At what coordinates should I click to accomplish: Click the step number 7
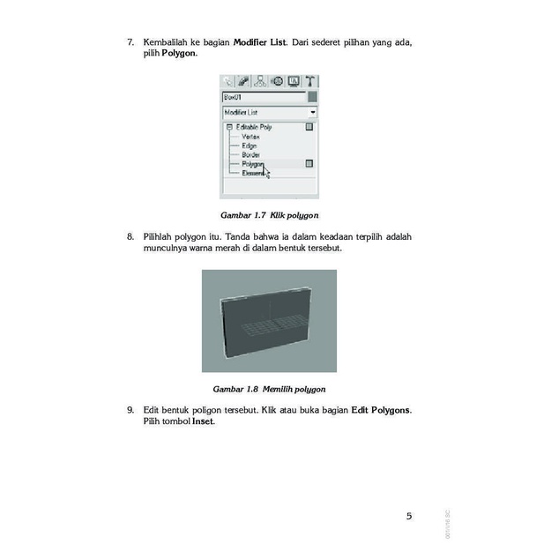click(x=130, y=42)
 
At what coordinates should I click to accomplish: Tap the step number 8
click(x=130, y=237)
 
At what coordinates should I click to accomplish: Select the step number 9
click(x=130, y=410)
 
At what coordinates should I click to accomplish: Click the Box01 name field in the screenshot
click(x=263, y=97)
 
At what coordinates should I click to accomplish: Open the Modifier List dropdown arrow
click(x=312, y=113)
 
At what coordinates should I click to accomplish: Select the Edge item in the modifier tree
click(x=250, y=145)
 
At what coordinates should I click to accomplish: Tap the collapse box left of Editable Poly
click(x=229, y=127)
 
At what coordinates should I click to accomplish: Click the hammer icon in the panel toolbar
click(x=310, y=81)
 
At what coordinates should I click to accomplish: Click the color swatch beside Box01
click(x=311, y=97)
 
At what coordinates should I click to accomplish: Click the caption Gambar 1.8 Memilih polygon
click(x=269, y=388)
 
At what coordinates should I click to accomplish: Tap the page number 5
click(x=408, y=516)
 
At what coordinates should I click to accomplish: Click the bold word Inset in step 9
click(x=203, y=421)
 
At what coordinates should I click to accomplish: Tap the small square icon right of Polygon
click(x=309, y=163)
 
